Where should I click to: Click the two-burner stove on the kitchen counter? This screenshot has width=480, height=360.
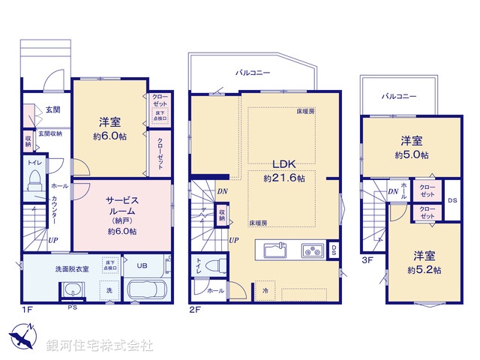coord(312,250)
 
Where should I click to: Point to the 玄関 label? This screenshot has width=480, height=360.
coord(52,110)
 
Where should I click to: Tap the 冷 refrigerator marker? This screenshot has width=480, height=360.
coord(265,290)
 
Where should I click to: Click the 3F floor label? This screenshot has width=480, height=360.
coord(367,261)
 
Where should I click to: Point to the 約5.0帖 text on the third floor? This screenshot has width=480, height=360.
coord(413,154)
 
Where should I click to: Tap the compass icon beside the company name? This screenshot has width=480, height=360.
coord(22,336)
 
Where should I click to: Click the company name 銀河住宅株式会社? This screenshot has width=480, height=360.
coord(100,345)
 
